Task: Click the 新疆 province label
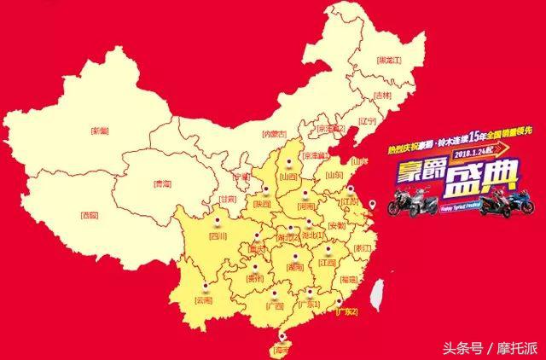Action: tap(100, 131)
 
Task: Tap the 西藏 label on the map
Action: tap(89, 215)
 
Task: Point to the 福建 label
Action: tap(349, 279)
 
